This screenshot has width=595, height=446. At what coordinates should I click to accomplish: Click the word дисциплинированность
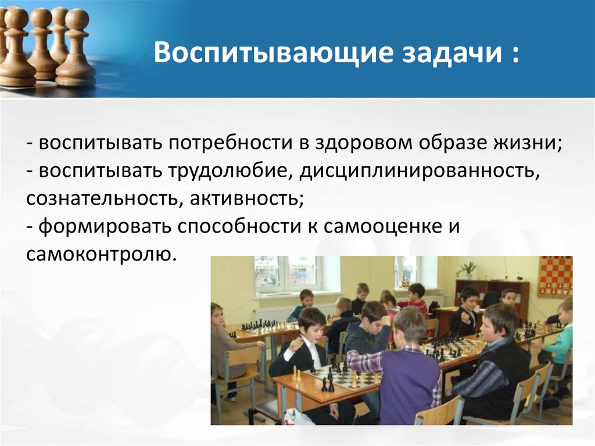[x=420, y=172]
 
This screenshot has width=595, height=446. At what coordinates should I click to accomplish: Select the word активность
[x=246, y=199]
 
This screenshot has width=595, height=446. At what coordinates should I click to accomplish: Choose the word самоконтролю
[x=101, y=254]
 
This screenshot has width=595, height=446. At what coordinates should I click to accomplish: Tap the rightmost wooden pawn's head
[x=77, y=18]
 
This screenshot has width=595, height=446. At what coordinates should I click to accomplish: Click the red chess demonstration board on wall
[x=555, y=276]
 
